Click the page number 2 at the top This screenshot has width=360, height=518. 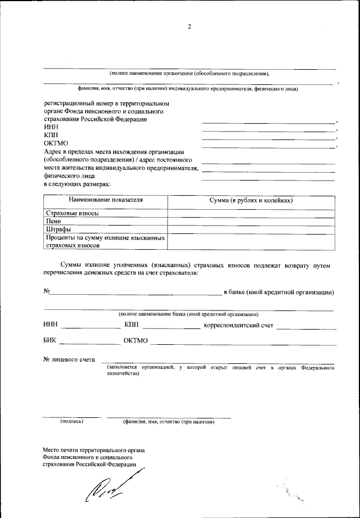pos(190,26)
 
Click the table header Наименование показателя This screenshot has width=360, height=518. pos(106,200)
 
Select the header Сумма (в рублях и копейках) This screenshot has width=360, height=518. pos(251,200)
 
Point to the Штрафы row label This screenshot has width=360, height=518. pos(58,229)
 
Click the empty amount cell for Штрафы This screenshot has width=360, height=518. pos(251,229)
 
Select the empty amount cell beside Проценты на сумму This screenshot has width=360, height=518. pos(251,241)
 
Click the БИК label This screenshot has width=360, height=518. pos(50,340)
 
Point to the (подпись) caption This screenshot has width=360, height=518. pos(71,422)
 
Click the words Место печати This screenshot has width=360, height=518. pos(61,450)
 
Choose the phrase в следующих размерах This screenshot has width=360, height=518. pos(76,184)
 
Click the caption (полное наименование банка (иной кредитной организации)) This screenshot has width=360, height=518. pos(188,314)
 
